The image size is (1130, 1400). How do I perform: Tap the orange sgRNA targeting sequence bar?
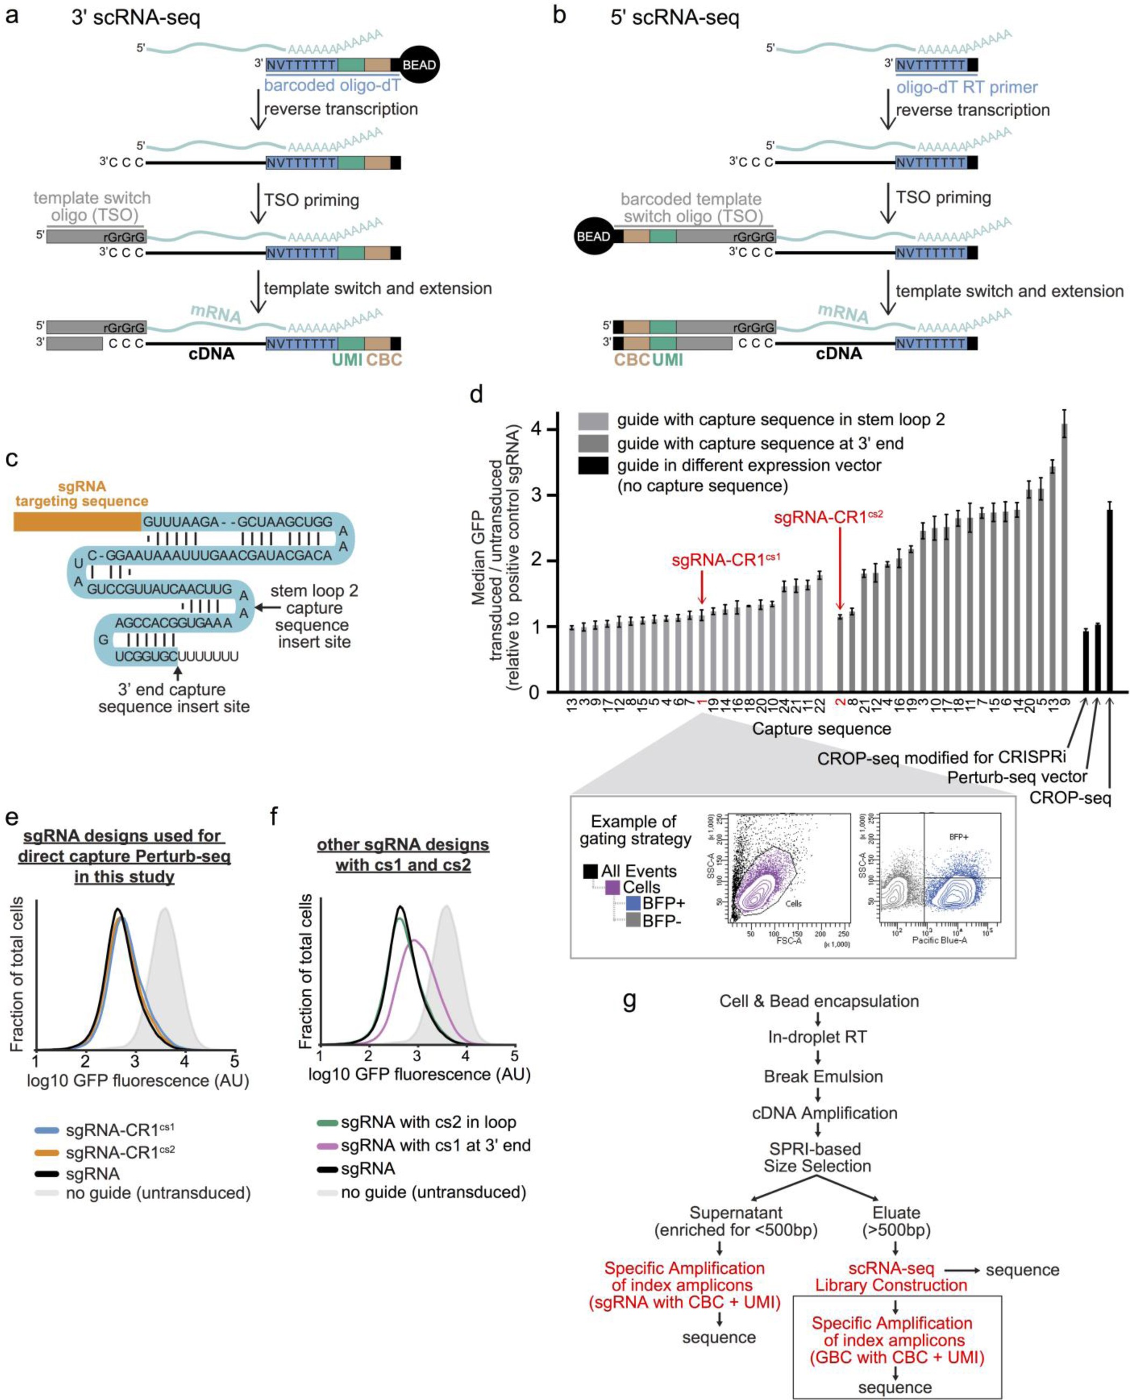pos(77,522)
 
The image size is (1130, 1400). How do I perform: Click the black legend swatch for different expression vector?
pos(593,465)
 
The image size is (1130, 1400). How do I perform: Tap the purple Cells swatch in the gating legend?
pos(612,887)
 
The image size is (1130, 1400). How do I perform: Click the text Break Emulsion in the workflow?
pos(823,1076)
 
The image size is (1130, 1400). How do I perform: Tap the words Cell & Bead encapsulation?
pos(819,1000)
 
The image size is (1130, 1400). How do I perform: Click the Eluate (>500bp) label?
pos(896,1221)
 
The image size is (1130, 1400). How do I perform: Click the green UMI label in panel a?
pos(347,359)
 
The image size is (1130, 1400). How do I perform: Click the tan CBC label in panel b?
pos(631,359)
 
